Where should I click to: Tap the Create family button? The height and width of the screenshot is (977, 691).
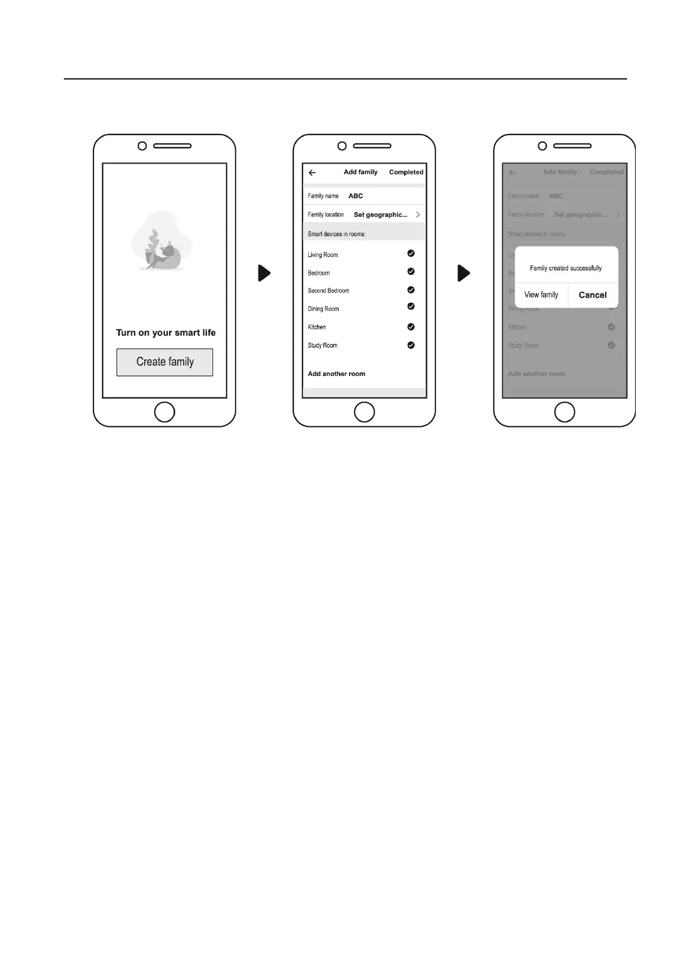coord(164,362)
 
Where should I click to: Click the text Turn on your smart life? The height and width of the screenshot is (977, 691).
coord(165,332)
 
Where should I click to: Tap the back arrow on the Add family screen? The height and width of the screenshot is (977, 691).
coord(312,172)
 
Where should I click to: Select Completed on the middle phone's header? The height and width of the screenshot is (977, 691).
coord(406,172)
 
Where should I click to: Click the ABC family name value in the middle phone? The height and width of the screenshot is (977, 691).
coord(355,196)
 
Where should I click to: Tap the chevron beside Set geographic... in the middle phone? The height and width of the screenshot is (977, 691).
coord(418,215)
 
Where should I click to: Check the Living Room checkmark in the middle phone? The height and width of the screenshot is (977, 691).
coord(411,254)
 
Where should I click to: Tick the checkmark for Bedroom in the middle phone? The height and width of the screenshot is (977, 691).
coord(411,272)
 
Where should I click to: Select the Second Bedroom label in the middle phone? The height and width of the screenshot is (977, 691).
coord(329,291)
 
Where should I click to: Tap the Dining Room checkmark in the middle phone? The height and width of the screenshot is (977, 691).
coord(411,306)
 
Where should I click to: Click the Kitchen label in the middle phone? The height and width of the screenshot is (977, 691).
coord(317,327)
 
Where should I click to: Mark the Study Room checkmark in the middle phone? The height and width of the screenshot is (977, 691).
coord(411,345)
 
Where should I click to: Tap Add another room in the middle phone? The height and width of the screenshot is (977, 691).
coord(336,374)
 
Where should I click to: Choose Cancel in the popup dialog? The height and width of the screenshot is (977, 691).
coord(592,295)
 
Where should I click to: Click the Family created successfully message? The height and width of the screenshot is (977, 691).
coord(566,268)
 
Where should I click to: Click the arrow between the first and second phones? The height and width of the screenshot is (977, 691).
coord(264,273)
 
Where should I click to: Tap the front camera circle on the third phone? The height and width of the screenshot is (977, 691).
coord(542,146)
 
